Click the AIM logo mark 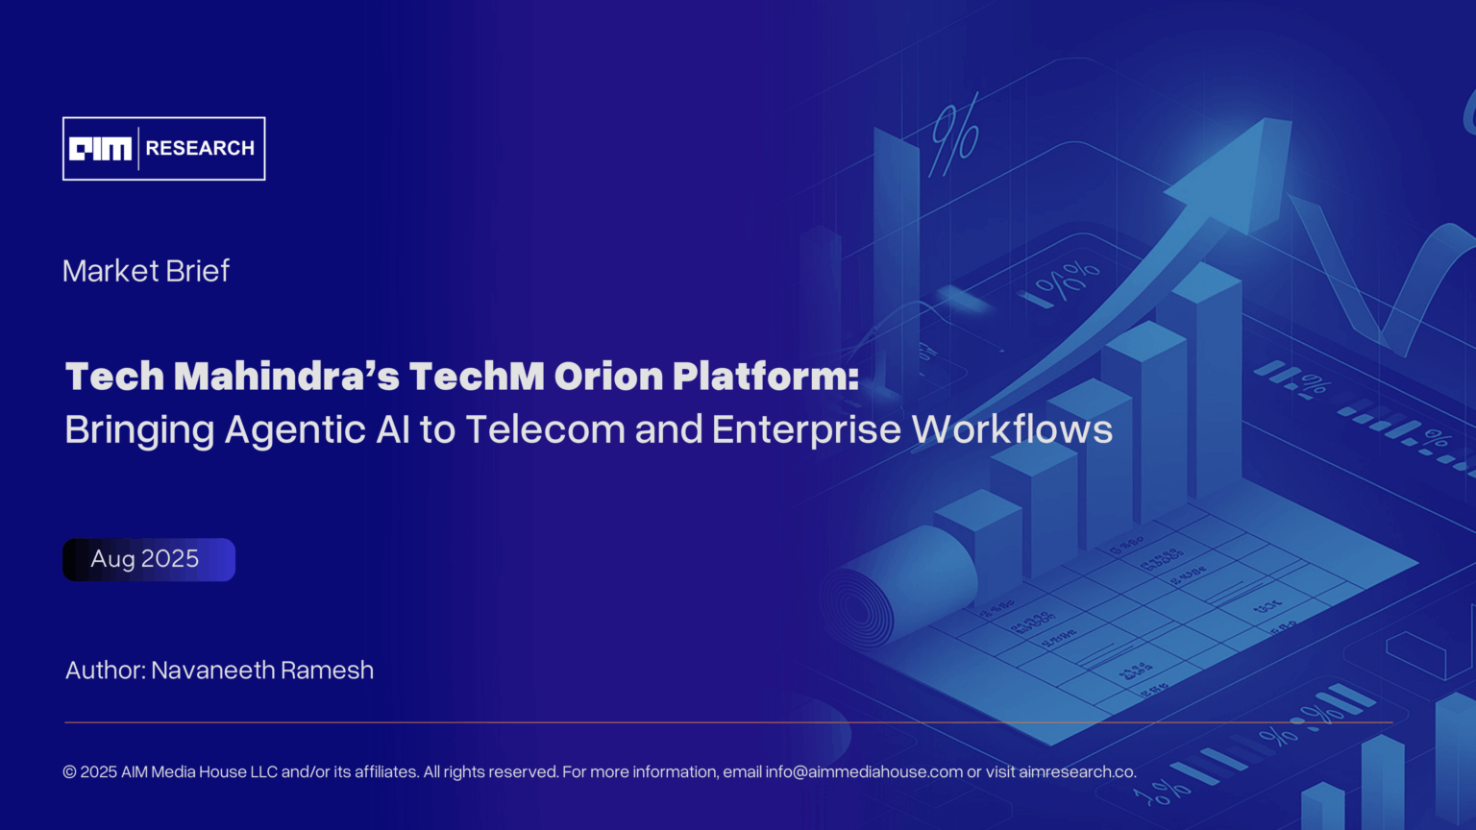[100, 149]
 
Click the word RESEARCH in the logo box [200, 149]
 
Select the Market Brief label [146, 271]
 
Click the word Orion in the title [608, 377]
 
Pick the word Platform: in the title [766, 377]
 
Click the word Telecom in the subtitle [545, 429]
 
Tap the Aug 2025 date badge [149, 559]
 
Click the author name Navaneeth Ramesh [262, 671]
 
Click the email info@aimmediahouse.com [864, 772]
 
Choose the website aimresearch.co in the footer [1077, 772]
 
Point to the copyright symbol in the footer [69, 772]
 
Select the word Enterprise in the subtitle [806, 430]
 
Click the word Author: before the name [105, 671]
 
